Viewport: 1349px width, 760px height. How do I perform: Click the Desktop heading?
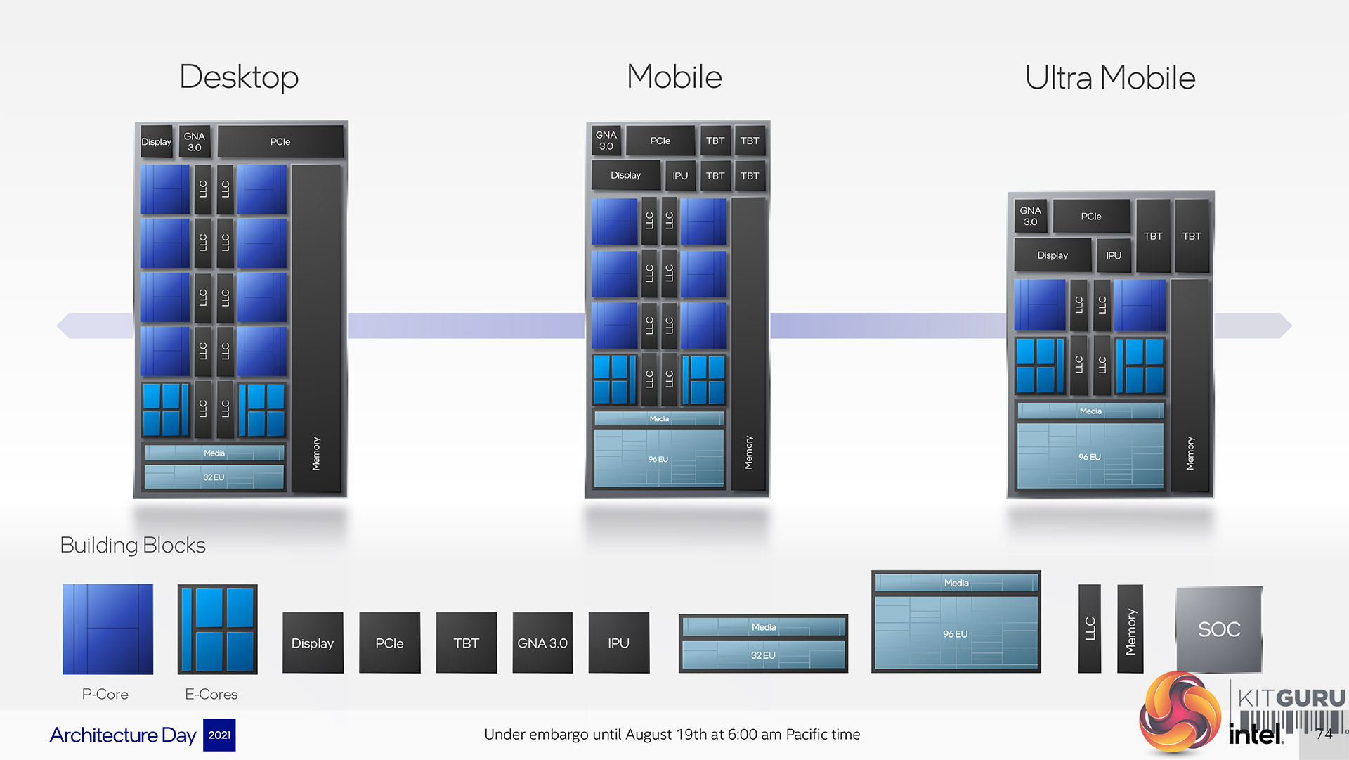coord(239,77)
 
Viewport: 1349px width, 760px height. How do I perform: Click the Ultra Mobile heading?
coord(1109,77)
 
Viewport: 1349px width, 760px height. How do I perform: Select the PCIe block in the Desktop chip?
coord(280,141)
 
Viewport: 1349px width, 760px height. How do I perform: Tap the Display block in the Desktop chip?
coord(156,141)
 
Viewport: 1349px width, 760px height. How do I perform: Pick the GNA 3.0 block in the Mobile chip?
coord(606,141)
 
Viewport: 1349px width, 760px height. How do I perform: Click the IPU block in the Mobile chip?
coord(679,176)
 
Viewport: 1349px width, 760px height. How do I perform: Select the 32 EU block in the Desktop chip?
coord(214,477)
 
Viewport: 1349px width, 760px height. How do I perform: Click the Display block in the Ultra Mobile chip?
coord(1052,255)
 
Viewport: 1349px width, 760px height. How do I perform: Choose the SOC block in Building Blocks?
coord(1219,629)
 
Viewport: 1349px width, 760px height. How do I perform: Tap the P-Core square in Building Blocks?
coord(107,629)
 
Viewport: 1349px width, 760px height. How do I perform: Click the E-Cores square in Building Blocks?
coord(218,629)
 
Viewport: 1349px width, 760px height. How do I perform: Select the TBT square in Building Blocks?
coord(466,643)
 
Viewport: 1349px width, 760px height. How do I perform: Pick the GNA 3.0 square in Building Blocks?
coord(542,643)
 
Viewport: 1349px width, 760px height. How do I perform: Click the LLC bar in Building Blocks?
coord(1090,629)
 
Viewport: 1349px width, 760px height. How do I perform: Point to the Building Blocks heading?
coord(133,545)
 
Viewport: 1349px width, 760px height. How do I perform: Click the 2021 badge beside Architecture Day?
coord(219,735)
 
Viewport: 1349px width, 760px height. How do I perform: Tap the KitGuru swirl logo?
coord(1180,711)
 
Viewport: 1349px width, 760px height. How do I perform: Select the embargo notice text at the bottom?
coord(672,735)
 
